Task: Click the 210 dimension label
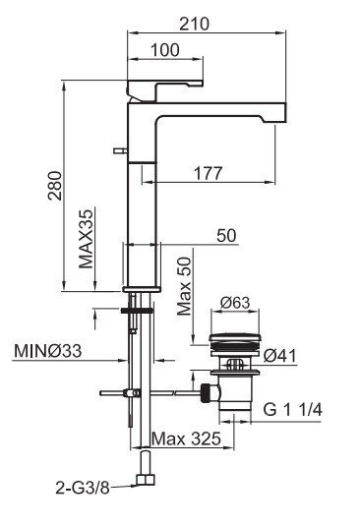(194, 24)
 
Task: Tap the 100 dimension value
(165, 50)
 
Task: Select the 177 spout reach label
(208, 173)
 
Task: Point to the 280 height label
(55, 186)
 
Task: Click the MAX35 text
(86, 239)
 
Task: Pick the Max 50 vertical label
(184, 286)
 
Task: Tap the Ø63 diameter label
(235, 303)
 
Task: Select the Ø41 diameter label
(279, 356)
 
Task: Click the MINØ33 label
(47, 351)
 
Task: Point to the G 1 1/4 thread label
(292, 410)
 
